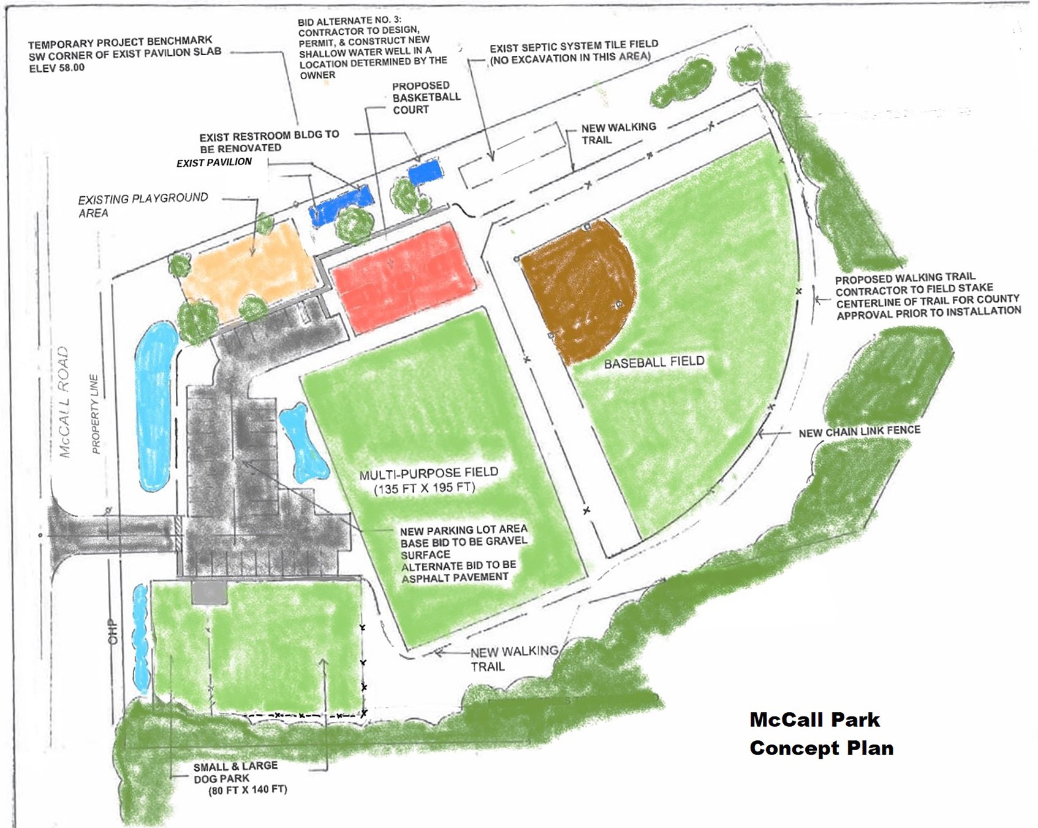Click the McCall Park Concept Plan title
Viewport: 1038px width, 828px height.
click(x=820, y=734)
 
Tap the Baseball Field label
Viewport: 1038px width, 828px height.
click(x=654, y=362)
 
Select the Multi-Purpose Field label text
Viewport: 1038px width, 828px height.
click(x=428, y=473)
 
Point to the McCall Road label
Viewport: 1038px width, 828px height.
click(x=64, y=402)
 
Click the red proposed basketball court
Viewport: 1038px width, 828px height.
click(x=403, y=277)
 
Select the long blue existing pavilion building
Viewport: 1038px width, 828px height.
click(x=341, y=205)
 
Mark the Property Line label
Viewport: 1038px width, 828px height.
click(x=95, y=414)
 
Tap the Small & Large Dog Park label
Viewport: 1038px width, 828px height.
click(x=235, y=772)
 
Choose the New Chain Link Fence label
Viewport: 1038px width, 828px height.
click(x=859, y=431)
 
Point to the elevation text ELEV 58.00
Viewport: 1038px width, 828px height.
click(x=57, y=67)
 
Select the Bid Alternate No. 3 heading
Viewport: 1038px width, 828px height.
click(x=349, y=21)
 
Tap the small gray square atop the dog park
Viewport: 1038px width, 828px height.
click(x=209, y=592)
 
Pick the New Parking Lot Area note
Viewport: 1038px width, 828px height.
click(x=463, y=529)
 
